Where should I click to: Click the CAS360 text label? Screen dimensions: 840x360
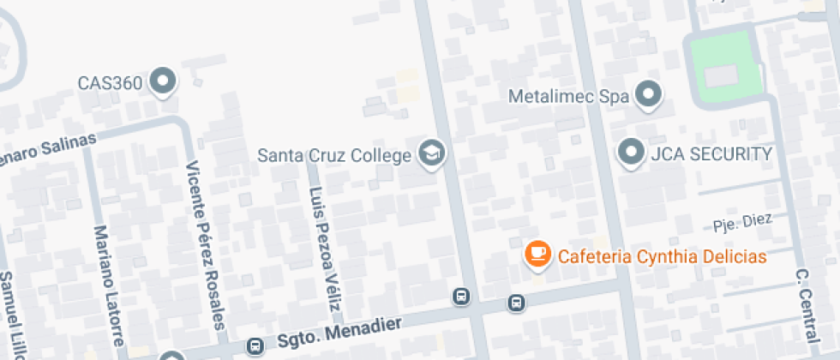pyautogui.click(x=109, y=83)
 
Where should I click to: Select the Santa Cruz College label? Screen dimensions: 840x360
pyautogui.click(x=335, y=156)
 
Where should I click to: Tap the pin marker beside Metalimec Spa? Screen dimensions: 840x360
pyautogui.click(x=649, y=94)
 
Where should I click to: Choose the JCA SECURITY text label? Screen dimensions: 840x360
pyautogui.click(x=711, y=153)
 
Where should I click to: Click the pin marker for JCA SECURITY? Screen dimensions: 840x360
pyautogui.click(x=632, y=153)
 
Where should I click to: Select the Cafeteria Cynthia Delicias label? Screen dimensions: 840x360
pyautogui.click(x=662, y=256)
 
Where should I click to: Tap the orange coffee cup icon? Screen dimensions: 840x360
pyautogui.click(x=537, y=253)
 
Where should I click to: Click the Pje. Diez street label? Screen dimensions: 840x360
pyautogui.click(x=742, y=223)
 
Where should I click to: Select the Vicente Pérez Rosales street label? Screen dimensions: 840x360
pyautogui.click(x=207, y=244)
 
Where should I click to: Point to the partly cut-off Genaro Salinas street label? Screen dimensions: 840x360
pyautogui.click(x=46, y=148)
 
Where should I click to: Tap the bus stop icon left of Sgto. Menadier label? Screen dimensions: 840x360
pyautogui.click(x=254, y=346)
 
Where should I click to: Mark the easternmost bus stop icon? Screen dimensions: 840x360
pyautogui.click(x=516, y=303)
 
